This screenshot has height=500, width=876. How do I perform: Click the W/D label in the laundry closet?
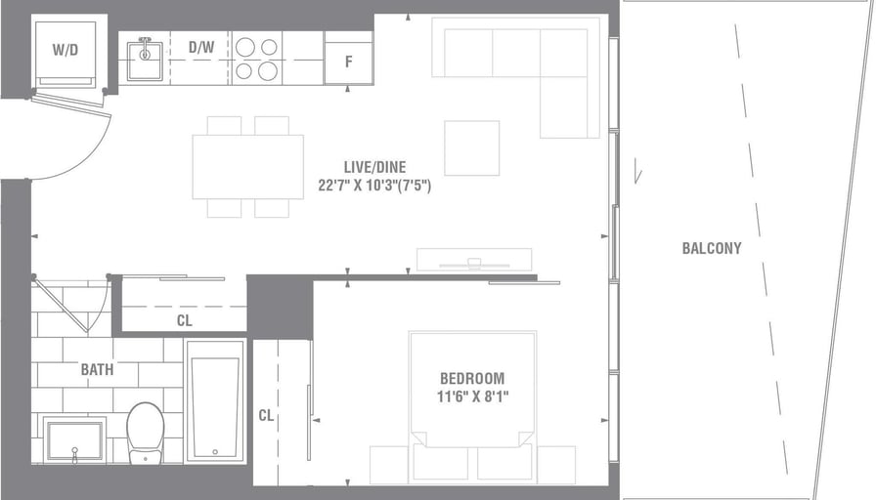point(66,50)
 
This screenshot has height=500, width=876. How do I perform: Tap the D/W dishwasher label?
point(201,47)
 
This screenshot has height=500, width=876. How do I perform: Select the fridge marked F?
point(349,58)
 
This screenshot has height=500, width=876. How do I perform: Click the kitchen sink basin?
point(145,57)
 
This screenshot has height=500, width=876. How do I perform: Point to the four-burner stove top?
point(257,58)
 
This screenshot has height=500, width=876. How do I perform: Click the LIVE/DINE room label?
point(374,167)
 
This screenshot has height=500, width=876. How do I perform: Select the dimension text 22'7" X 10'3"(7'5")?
point(374,186)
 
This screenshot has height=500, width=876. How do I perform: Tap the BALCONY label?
point(712,248)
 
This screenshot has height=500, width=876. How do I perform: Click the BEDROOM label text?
point(472,378)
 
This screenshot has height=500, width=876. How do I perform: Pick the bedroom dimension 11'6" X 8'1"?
point(472,396)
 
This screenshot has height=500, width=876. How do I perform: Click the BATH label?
point(97,369)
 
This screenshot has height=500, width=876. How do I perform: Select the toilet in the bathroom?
point(146,433)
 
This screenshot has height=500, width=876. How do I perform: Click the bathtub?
point(216,400)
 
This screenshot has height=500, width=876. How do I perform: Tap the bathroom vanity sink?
point(74,440)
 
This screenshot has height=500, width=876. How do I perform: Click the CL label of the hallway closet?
point(185,321)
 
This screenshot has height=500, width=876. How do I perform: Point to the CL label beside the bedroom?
point(266,416)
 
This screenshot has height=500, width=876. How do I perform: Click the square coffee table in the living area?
point(472,147)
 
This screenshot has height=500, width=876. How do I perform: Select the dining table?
point(248,167)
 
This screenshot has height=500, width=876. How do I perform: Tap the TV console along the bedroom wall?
point(474,260)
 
